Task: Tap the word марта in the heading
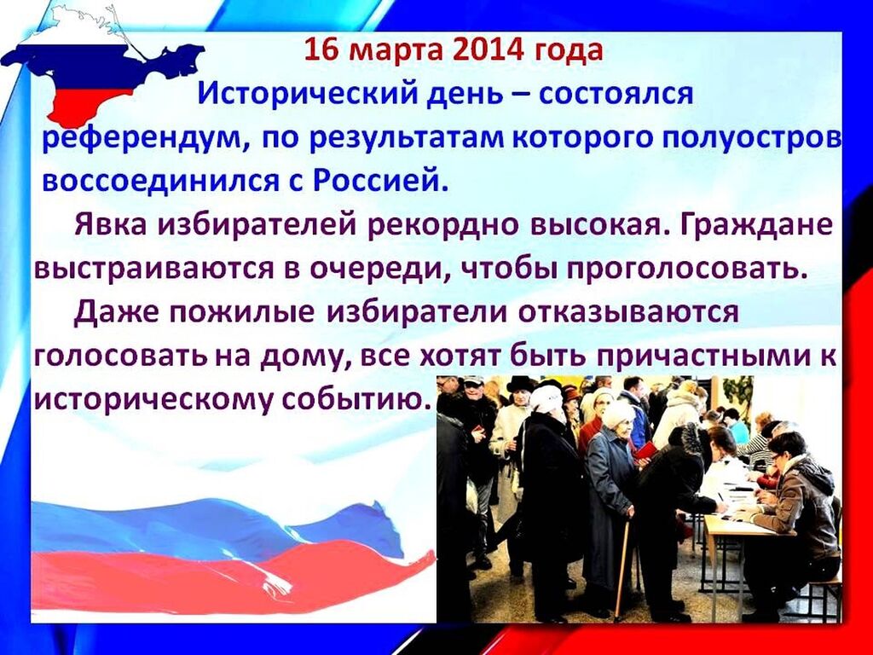396,51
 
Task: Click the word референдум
142,139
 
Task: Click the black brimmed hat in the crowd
521,385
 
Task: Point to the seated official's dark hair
786,442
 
